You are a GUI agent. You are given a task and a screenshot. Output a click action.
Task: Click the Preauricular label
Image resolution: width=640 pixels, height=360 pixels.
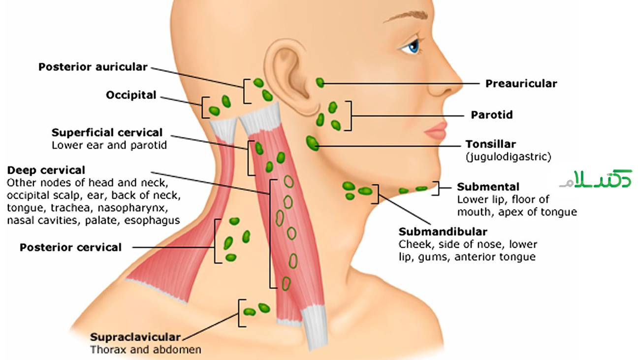point(521,83)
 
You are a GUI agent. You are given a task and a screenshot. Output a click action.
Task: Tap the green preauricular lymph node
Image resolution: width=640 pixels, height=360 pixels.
point(320,82)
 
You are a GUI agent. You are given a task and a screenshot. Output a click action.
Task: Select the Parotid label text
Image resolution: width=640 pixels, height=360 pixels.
point(491,115)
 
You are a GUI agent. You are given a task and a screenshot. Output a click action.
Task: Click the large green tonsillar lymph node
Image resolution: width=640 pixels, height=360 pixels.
point(312,143)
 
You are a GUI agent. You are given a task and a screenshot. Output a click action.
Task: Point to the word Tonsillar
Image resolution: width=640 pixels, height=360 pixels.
point(490,144)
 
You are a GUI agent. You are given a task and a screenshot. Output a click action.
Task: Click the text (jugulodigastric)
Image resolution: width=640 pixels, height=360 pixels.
point(508,157)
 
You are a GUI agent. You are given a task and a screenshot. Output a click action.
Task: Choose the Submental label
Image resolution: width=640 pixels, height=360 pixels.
point(488,187)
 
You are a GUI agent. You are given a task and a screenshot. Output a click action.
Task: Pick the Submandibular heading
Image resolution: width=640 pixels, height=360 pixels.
point(443,231)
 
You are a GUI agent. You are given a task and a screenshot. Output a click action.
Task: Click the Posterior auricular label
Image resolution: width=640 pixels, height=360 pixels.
point(93,66)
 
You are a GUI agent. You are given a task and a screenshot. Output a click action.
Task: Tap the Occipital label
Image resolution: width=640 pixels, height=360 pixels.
point(131,95)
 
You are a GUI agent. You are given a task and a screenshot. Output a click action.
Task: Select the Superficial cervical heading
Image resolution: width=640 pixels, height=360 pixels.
point(107,132)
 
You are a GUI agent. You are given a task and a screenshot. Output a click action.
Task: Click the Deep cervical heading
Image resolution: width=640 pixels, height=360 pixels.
point(46,170)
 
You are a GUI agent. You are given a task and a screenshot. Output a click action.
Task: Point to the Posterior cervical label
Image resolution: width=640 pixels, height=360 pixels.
point(70,247)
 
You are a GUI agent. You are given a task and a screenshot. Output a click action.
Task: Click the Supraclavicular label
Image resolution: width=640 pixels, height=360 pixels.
point(135,337)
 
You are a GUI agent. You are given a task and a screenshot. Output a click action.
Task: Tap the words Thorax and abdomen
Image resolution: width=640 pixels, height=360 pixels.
point(145,350)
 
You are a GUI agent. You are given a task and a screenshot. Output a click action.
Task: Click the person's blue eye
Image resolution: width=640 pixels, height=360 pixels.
point(413,47)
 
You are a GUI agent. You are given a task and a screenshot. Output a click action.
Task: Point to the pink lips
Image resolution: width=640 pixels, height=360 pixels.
point(436,131)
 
